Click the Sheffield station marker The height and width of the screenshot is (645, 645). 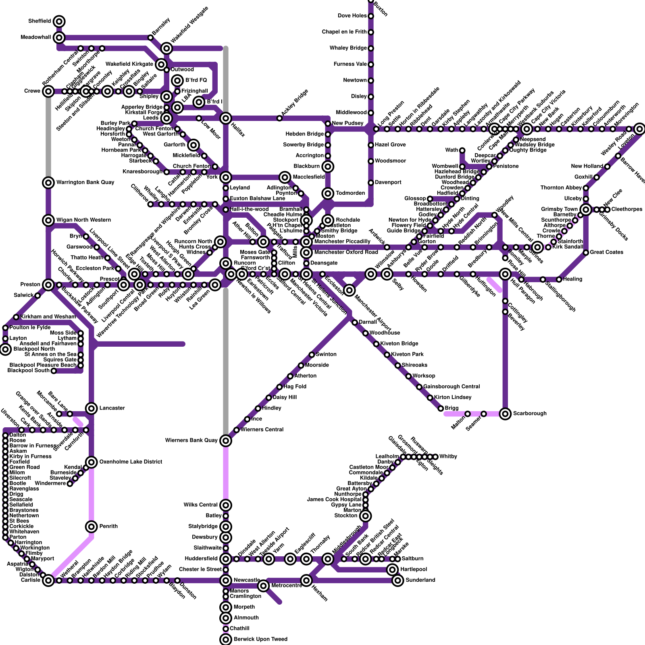[59, 21]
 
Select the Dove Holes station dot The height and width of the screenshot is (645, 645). [371, 16]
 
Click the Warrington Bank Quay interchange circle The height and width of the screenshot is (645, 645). [48, 183]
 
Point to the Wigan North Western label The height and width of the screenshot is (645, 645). [83, 220]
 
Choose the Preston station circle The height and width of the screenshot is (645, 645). [48, 285]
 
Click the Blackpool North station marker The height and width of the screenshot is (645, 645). [5, 349]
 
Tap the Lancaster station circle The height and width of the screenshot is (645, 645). [92, 408]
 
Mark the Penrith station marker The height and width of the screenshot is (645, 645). [92, 526]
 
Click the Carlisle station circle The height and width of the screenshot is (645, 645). [48, 580]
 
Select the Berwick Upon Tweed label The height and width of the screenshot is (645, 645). [260, 639]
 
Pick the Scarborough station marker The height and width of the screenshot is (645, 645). [505, 414]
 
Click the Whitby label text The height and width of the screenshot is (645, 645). [448, 457]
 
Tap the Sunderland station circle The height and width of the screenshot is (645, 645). [398, 580]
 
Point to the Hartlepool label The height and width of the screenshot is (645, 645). [414, 570]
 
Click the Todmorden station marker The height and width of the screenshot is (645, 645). [328, 193]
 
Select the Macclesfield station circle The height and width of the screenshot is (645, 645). [285, 177]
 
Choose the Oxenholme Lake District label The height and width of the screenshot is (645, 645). [131, 462]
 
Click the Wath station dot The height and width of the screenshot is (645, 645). [462, 150]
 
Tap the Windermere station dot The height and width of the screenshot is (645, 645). [70, 483]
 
